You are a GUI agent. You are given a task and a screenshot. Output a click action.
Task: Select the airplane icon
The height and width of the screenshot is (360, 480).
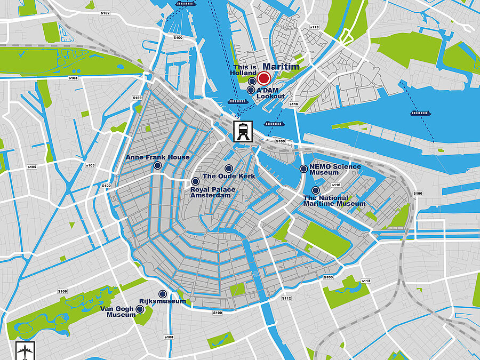pyautogui.click(x=25, y=350)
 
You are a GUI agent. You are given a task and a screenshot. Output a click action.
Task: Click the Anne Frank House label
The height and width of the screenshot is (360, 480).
pyautogui.click(x=157, y=157)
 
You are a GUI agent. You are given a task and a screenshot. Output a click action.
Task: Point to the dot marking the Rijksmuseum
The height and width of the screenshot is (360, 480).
pyautogui.click(x=163, y=294)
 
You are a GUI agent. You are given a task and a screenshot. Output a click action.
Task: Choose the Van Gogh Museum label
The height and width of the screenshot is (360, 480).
pyautogui.click(x=118, y=311)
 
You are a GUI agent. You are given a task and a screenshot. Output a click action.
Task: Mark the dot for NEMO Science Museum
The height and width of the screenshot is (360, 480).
pyautogui.click(x=303, y=169)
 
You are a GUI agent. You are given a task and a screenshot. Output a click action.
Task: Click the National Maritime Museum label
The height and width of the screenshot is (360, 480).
pyautogui.click(x=334, y=201)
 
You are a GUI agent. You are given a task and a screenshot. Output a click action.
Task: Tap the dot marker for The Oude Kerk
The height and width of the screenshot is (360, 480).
pyautogui.click(x=229, y=169)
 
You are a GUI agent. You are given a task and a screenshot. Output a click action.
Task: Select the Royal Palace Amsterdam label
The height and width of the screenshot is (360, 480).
pyautogui.click(x=211, y=193)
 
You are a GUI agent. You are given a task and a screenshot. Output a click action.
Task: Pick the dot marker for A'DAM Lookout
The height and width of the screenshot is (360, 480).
pyautogui.click(x=251, y=90)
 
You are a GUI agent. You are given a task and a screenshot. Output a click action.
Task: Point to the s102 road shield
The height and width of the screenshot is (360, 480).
pyautogui.click(x=105, y=13)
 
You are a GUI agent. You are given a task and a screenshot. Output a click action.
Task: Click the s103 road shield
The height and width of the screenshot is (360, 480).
pyautogui.click(x=73, y=78)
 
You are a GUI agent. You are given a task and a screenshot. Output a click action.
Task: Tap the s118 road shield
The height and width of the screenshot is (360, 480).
pyautogui.click(x=314, y=27)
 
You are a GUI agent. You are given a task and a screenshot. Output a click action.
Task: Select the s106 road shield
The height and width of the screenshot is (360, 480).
pyautogui.click(x=62, y=291)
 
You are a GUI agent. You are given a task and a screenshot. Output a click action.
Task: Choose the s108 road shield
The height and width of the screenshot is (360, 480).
pyautogui.click(x=169, y=337)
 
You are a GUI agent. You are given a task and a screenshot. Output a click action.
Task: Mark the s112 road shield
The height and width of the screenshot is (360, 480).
pyautogui.click(x=286, y=298)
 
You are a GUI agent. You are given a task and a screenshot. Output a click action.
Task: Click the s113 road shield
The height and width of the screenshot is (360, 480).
pyautogui.click(x=366, y=281)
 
